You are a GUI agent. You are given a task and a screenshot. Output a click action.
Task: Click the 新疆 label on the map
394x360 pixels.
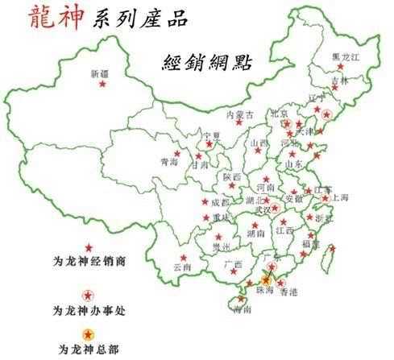tap(98, 74)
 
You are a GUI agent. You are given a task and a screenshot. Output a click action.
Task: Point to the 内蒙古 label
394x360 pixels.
tap(240, 115)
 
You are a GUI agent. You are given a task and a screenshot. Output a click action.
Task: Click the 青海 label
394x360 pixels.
tap(169, 162)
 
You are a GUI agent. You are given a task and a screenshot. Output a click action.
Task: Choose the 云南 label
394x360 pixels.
tap(182, 267)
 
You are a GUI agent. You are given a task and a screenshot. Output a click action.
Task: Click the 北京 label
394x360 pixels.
tap(279, 114)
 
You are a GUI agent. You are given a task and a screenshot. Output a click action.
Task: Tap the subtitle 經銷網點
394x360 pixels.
tap(198, 63)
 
